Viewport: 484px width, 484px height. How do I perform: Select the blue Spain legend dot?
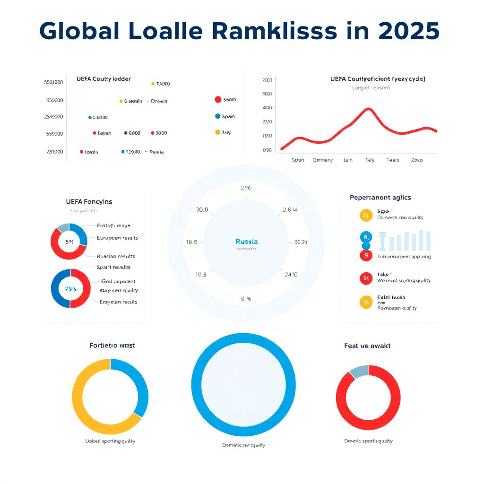(217, 116)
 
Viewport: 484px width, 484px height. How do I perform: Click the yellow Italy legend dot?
(217, 132)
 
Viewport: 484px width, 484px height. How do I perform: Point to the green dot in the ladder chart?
(90, 117)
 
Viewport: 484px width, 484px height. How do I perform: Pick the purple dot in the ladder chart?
(125, 133)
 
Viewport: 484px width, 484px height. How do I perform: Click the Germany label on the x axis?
(323, 160)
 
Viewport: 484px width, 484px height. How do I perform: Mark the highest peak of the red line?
(369, 109)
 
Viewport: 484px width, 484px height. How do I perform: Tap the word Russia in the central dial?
(246, 242)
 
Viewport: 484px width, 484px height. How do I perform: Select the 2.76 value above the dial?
(246, 188)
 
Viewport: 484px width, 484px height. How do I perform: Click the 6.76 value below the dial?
(246, 299)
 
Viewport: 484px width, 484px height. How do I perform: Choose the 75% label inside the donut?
(70, 288)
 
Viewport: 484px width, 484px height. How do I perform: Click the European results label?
(117, 238)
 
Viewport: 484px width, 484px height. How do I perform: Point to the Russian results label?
(116, 256)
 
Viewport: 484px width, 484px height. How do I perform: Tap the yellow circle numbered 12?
(366, 215)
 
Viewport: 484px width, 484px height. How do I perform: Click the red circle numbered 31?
(366, 279)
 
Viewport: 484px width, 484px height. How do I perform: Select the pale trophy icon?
(383, 241)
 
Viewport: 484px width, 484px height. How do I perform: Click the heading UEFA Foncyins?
(89, 201)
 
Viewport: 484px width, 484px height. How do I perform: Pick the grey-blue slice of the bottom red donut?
(359, 371)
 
